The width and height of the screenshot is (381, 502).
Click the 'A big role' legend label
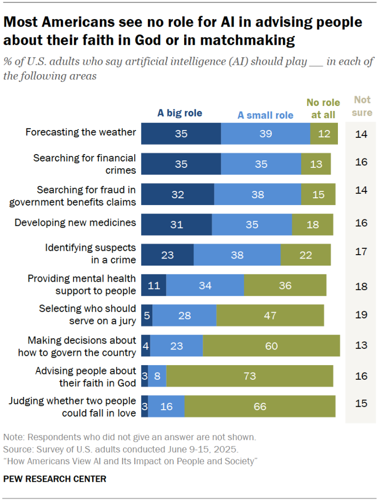pos(179,113)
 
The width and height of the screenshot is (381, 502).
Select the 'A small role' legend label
pos(265,115)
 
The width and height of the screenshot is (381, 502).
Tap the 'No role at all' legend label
pos(323,108)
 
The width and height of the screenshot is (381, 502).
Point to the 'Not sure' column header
pos(362,106)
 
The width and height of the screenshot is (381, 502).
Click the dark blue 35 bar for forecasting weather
pos(181,134)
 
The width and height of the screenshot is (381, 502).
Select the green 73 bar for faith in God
pos(250,376)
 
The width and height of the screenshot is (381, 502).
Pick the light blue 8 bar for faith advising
pos(157,376)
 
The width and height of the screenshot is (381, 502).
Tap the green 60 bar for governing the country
pos(271,346)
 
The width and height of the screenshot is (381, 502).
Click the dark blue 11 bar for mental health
pos(154,285)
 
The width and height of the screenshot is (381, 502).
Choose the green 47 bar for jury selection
pos(270,316)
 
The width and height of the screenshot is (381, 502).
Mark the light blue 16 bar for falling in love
pos(167,407)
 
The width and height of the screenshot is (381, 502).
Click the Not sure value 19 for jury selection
pos(361,315)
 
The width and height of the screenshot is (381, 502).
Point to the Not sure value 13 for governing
pos(361,345)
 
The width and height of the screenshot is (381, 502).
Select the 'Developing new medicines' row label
pos(75,223)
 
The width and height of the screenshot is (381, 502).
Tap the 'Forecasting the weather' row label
pos(80,132)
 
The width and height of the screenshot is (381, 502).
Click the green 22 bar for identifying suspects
pos(306,255)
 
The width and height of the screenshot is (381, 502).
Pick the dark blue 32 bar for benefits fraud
pos(178,195)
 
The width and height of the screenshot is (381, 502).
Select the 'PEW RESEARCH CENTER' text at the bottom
pos(54,478)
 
